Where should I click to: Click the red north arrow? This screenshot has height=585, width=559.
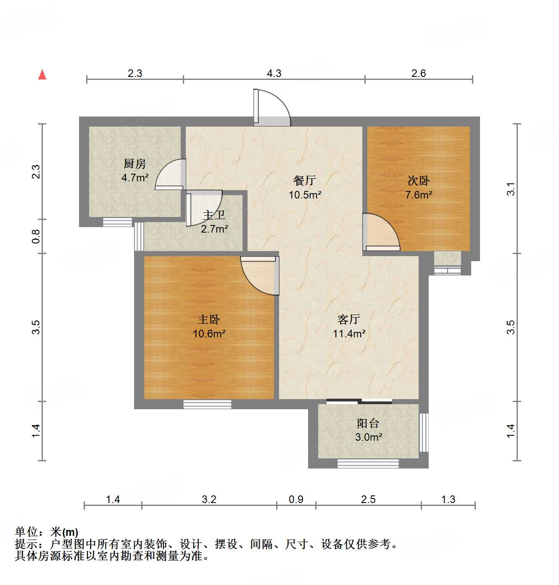pyautogui.click(x=42, y=74)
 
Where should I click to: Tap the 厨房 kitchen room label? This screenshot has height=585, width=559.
pyautogui.click(x=134, y=164)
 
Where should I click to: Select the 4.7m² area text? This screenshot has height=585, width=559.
pyautogui.click(x=134, y=177)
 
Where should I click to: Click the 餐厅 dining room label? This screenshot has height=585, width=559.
pyautogui.click(x=305, y=181)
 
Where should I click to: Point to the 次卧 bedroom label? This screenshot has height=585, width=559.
pyautogui.click(x=419, y=181)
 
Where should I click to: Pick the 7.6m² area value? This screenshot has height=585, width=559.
pyautogui.click(x=419, y=195)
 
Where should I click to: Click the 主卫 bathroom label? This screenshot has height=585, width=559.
pyautogui.click(x=214, y=215)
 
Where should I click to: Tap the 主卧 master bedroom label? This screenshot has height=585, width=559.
pyautogui.click(x=209, y=320)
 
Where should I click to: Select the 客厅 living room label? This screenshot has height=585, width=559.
pyautogui.click(x=349, y=320)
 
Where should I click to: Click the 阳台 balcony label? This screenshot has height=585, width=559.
pyautogui.click(x=368, y=424)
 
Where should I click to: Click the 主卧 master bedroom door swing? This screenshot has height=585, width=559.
pyautogui.click(x=259, y=275)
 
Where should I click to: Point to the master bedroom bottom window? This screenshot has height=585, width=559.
pyautogui.click(x=207, y=404)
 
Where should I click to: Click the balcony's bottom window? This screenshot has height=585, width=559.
pyautogui.click(x=368, y=463)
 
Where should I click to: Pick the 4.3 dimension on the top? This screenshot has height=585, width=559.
pyautogui.click(x=274, y=74)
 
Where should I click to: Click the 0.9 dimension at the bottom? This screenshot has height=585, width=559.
pyautogui.click(x=296, y=499)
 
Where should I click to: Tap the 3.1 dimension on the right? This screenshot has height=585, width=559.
pyautogui.click(x=511, y=189)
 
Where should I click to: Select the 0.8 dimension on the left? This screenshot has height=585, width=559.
pyautogui.click(x=36, y=236)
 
